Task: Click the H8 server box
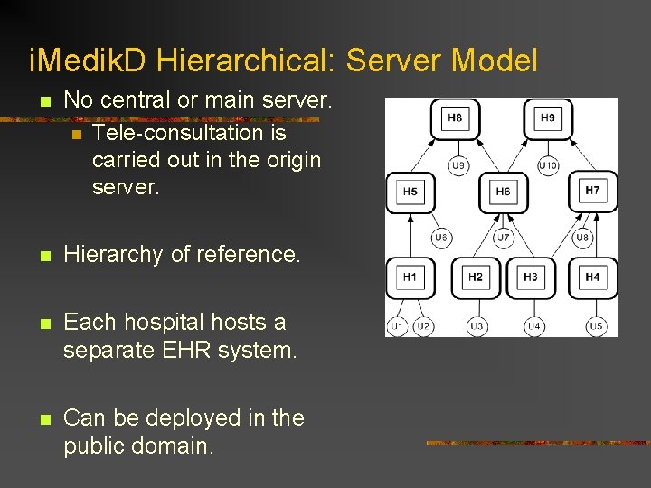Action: coord(455,118)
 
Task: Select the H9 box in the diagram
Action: coord(548,118)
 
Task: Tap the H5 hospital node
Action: coord(410,192)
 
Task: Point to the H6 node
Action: coord(503,192)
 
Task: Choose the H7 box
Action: coord(592,192)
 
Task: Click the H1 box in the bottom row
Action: coord(410,277)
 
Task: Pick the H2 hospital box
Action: coord(476,277)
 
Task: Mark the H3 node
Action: coord(531,277)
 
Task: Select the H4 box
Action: coord(592,277)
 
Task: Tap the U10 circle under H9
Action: coord(548,165)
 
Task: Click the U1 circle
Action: coord(398,325)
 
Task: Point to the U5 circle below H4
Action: coord(597,325)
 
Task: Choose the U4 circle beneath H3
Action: coord(534,325)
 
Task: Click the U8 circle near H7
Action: coord(583,239)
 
